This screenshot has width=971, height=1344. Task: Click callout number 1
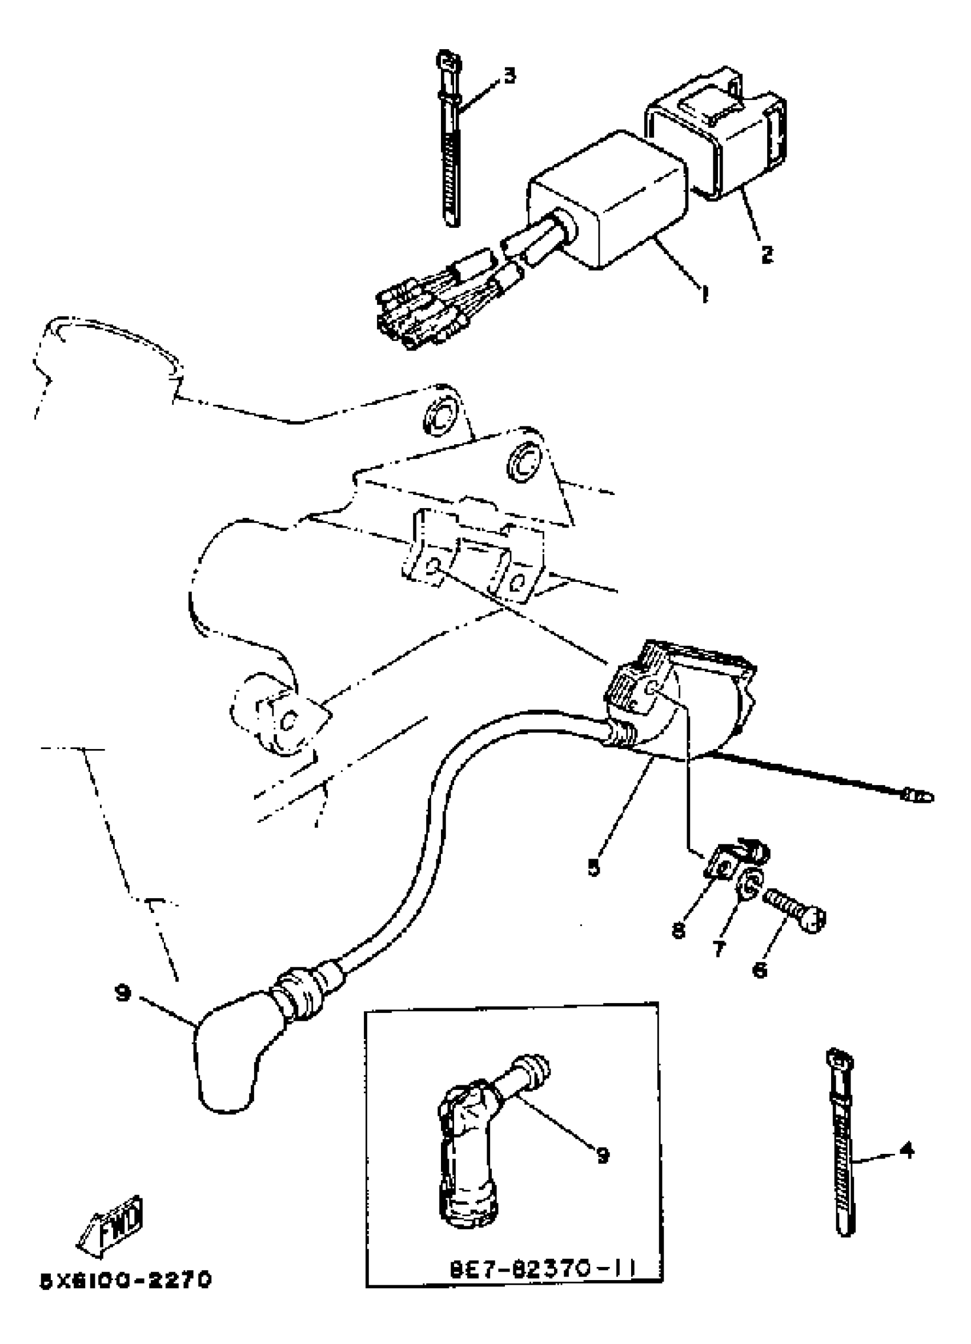[x=705, y=294]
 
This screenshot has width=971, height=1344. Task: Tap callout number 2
[x=767, y=255]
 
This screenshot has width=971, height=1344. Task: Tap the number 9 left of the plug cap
[x=123, y=993]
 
